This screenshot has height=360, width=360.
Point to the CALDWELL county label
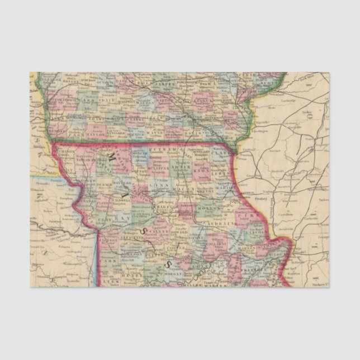coord(120,199)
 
